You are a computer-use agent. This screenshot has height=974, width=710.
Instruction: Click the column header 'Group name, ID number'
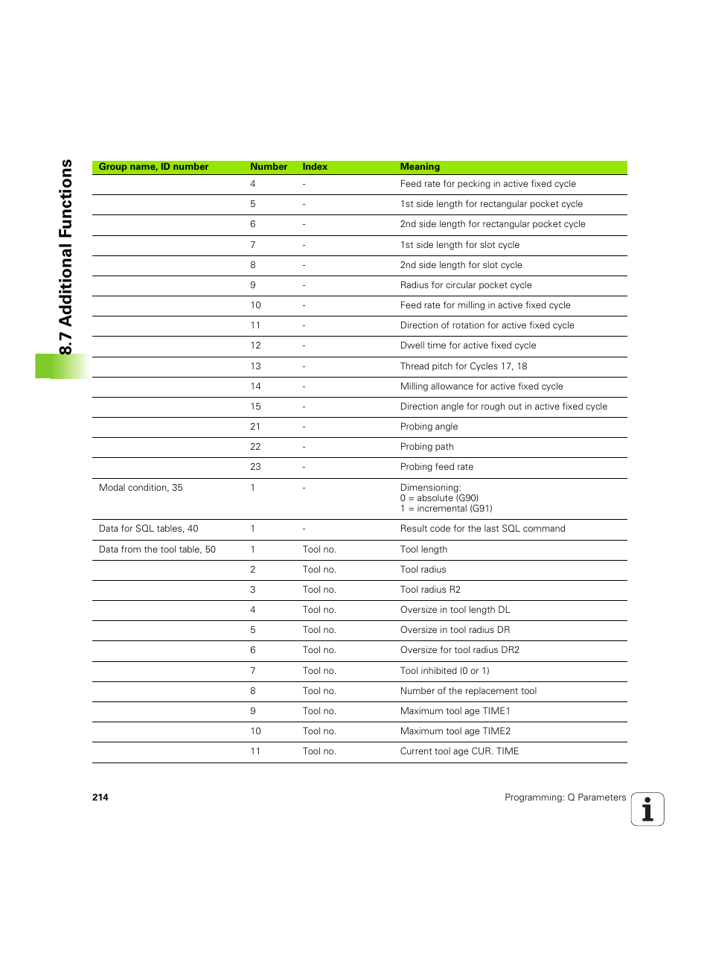(153, 167)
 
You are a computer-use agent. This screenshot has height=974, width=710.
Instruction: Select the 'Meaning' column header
(420, 167)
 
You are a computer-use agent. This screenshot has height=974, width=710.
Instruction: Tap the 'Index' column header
(315, 167)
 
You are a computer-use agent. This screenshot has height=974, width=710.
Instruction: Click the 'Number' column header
(269, 167)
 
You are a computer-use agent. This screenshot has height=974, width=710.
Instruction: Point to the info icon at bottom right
(647, 809)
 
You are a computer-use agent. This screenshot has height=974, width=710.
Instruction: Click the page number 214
(100, 798)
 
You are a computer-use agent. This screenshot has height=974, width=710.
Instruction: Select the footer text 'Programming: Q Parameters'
(565, 798)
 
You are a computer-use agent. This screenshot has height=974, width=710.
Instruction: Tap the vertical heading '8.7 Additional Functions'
(65, 257)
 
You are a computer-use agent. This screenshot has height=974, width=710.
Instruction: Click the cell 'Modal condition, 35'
(141, 488)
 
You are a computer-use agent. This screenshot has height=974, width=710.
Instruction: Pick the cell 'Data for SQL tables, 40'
(148, 529)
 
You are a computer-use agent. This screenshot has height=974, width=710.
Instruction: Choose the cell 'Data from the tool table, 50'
(157, 550)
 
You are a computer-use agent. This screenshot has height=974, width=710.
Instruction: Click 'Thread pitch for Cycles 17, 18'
(464, 366)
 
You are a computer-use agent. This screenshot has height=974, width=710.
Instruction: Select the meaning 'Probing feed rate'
(437, 467)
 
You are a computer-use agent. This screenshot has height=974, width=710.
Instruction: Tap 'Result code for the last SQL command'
(482, 529)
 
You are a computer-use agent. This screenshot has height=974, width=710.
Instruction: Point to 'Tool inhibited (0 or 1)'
(445, 671)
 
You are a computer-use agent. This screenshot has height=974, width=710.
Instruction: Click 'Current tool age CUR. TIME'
(459, 751)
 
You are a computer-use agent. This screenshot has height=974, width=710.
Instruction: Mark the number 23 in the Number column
(255, 467)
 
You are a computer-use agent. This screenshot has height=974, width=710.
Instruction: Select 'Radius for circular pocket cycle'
(466, 285)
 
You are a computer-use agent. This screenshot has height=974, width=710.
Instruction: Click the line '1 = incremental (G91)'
(447, 509)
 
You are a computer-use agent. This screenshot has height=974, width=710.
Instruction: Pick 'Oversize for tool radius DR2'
(460, 650)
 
